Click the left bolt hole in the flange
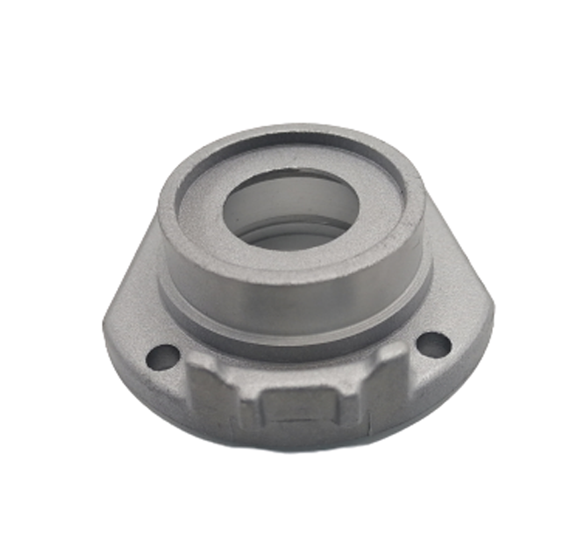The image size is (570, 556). (163, 357)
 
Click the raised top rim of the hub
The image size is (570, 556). (289, 141)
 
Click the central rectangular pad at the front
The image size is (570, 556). (298, 408)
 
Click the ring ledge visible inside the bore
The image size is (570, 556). (289, 235)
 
